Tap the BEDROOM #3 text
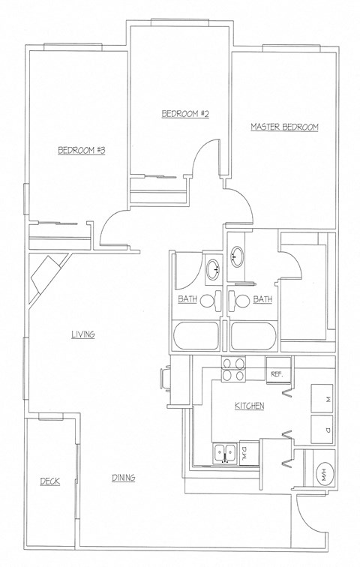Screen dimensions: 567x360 coord(81,151)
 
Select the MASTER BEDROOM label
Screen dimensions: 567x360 coord(284,127)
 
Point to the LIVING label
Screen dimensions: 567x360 coord(82,334)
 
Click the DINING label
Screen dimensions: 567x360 coord(124,478)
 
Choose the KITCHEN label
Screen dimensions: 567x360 coord(249,406)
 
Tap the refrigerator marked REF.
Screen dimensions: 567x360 coord(276,372)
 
